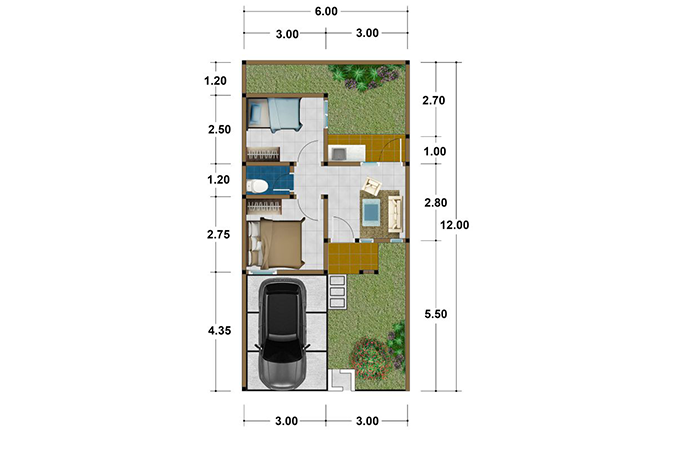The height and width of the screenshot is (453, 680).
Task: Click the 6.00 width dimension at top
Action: (326, 11)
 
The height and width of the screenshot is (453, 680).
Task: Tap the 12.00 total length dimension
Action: (454, 225)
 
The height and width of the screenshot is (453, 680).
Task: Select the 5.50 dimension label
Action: (435, 314)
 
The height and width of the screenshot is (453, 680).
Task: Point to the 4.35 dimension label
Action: (219, 331)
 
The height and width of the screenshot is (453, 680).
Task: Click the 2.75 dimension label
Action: (219, 235)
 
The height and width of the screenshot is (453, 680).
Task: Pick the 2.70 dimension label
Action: (434, 101)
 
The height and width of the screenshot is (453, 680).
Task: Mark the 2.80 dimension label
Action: (435, 202)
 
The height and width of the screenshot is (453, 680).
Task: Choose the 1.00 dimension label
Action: (435, 151)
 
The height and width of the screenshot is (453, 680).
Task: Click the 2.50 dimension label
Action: (219, 129)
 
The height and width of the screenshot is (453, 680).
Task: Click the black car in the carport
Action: (283, 334)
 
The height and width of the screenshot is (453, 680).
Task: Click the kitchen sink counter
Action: (347, 153)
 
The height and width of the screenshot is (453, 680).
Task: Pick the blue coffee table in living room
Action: (371, 212)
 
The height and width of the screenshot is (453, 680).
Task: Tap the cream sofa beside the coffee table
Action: (395, 213)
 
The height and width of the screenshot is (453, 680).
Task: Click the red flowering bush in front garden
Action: (370, 359)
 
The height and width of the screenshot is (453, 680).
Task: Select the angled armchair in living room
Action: (372, 187)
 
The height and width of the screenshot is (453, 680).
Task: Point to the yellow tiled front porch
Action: (353, 258)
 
